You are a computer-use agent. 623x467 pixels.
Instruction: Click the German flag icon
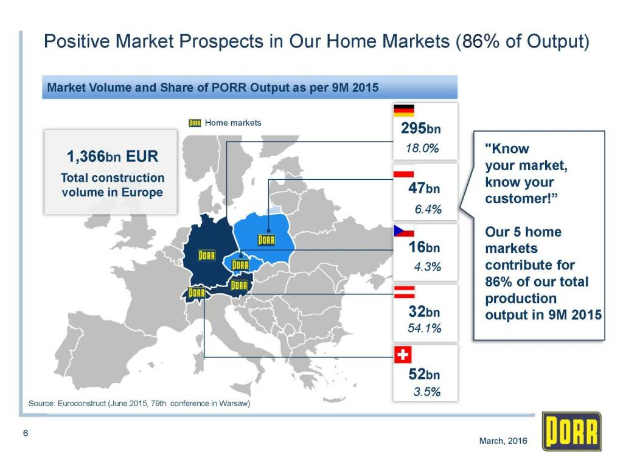[x=404, y=111]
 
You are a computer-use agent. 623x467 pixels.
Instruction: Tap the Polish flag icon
[x=404, y=171]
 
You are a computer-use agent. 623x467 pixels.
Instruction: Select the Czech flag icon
[x=404, y=230]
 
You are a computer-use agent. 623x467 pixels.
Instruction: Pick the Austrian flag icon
[x=405, y=292]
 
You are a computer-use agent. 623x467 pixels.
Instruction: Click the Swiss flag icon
[x=403, y=355]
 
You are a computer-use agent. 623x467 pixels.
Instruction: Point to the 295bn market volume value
[x=421, y=128]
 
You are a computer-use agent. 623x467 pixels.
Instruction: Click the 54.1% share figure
[x=424, y=328]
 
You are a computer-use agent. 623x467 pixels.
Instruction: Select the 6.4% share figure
[x=428, y=209]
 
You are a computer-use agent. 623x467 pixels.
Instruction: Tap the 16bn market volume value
[x=424, y=247]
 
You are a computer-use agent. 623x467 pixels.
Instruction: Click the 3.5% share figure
[x=427, y=392]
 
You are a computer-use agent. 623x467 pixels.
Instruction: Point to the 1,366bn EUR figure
[x=113, y=156]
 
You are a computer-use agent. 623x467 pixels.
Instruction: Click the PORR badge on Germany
[x=207, y=255]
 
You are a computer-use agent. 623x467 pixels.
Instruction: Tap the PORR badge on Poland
[x=266, y=240]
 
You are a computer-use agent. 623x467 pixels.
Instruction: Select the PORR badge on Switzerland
[x=197, y=292]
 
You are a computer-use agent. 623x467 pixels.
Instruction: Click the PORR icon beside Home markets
[x=195, y=123]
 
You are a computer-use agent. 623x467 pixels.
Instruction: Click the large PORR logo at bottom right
[x=572, y=431]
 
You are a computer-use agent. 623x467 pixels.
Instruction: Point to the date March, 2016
[x=503, y=440]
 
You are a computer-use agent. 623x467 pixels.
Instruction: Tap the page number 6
[x=26, y=433]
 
